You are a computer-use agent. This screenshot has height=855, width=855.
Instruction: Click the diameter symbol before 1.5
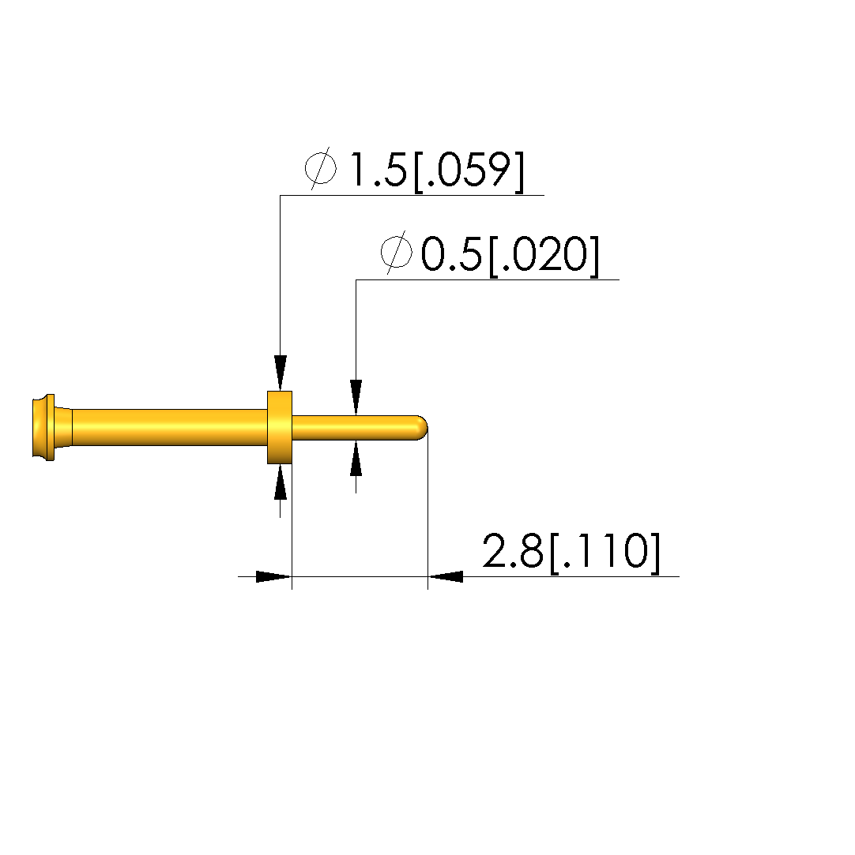[321, 168]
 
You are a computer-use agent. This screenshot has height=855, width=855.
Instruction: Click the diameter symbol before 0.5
[397, 253]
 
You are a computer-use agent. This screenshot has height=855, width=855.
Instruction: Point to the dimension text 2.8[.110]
[572, 552]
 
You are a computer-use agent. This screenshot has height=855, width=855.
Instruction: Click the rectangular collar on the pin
[280, 427]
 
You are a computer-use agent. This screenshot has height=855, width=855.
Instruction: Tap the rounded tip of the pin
[422, 428]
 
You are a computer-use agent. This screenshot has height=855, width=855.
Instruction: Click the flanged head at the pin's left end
[44, 427]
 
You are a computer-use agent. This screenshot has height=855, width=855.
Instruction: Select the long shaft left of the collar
[169, 427]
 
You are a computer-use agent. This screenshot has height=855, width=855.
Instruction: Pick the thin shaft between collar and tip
[355, 428]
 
